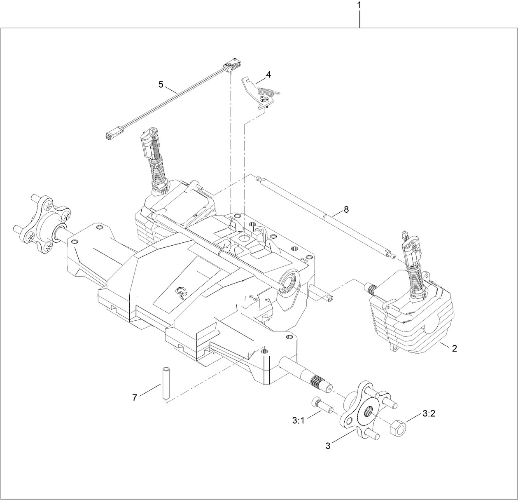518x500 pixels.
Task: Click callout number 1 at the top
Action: [359, 6]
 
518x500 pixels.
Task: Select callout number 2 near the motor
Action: [454, 348]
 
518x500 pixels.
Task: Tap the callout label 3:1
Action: [299, 420]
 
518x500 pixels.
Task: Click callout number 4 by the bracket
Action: [268, 75]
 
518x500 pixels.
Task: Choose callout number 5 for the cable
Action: [161, 85]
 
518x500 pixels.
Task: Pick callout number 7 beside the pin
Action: [135, 397]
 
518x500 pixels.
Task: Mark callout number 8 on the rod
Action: [346, 209]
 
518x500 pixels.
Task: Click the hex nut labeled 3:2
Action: [398, 429]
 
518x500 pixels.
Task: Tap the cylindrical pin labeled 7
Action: [166, 382]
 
